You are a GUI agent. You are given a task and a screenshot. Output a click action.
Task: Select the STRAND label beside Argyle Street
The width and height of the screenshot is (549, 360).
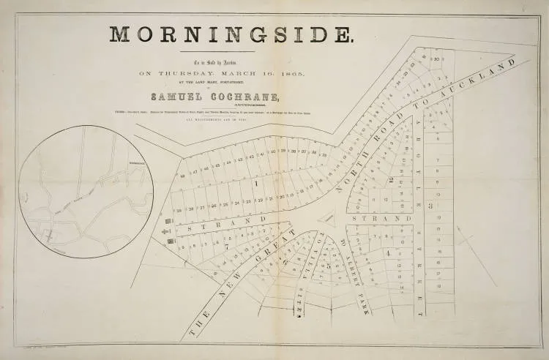pyautogui.click(x=381, y=219)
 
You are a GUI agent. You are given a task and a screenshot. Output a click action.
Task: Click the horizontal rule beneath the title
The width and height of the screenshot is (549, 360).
pyautogui.click(x=233, y=50)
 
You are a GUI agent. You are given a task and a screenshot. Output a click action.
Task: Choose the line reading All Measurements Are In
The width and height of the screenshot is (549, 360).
pyautogui.click(x=233, y=119)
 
